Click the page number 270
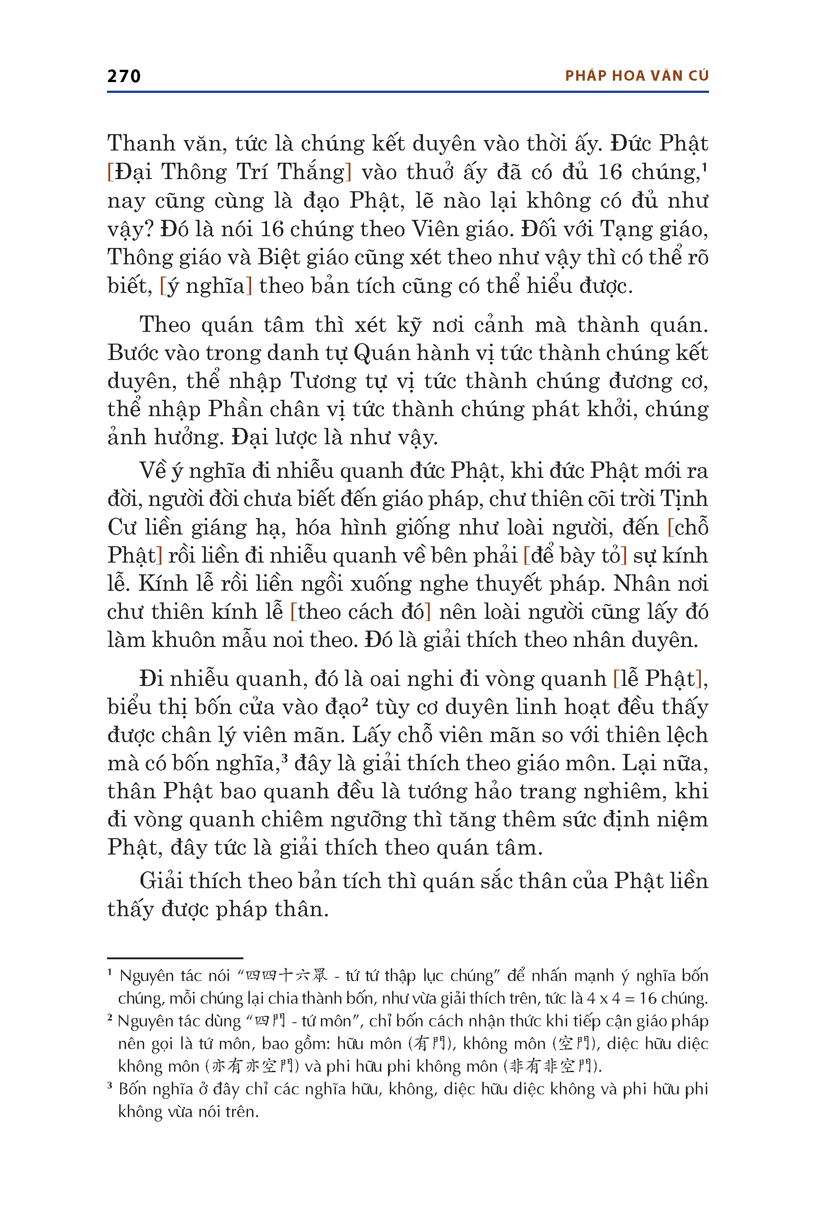(124, 77)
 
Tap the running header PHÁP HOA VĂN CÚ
(636, 76)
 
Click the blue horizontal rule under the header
(408, 92)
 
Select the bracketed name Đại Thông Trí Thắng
(229, 172)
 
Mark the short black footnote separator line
(175, 957)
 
